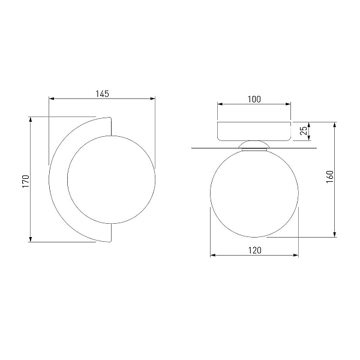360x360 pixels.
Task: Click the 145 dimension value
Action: click(102, 94)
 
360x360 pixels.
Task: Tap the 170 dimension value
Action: click(26, 181)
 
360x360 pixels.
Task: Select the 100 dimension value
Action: click(254, 99)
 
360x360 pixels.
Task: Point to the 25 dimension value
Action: click(304, 130)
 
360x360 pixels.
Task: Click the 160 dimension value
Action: click(329, 176)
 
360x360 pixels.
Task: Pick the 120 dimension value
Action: click(254, 250)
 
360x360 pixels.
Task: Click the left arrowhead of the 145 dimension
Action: click(52, 99)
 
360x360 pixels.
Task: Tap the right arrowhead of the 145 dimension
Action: click(152, 99)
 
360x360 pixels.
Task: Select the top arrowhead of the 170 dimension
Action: click(31, 119)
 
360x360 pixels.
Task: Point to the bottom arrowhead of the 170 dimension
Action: click(31, 239)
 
